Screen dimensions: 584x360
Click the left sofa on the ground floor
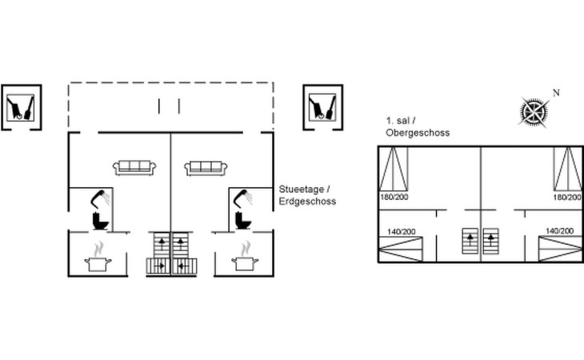(x=134, y=167)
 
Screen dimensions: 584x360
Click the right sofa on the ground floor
(x=206, y=167)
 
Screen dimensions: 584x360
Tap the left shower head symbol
(x=101, y=199)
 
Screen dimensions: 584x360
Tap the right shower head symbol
(x=243, y=199)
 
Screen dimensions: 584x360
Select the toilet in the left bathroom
(x=100, y=221)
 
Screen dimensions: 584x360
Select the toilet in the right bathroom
(x=243, y=221)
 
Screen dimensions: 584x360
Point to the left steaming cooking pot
(x=98, y=257)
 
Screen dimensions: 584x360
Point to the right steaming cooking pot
(x=245, y=257)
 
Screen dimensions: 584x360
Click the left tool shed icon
(x=21, y=107)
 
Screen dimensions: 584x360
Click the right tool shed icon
(x=322, y=107)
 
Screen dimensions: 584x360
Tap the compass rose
(x=534, y=111)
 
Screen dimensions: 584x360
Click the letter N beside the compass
(x=556, y=93)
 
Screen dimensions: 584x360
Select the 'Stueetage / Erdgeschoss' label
(x=307, y=195)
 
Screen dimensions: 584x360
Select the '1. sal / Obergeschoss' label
(x=418, y=126)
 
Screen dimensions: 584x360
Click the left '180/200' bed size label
(x=394, y=197)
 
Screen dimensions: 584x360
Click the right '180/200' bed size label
(x=567, y=197)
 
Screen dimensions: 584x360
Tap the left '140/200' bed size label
(x=401, y=231)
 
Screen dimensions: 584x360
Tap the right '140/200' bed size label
(x=559, y=231)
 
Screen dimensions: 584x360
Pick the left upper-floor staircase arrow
(x=470, y=240)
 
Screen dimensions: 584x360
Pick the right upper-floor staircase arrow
(x=491, y=240)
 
